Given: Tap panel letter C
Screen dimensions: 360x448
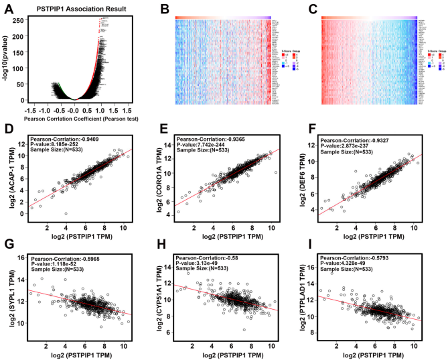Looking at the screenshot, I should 313,9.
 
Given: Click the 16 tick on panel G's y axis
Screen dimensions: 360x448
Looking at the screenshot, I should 25,257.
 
